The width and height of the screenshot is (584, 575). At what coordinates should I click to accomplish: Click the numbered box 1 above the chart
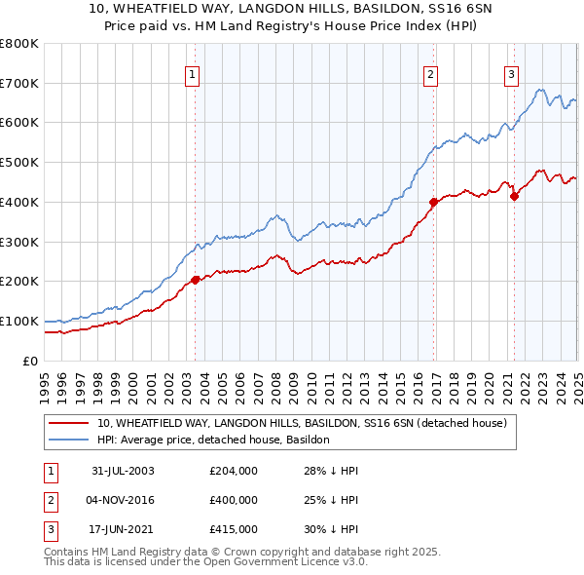[192, 74]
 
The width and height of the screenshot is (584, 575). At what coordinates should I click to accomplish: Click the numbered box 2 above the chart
[430, 74]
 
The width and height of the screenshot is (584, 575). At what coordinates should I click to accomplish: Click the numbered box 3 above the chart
[511, 74]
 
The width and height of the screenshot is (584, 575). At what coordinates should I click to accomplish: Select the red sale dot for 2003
[195, 280]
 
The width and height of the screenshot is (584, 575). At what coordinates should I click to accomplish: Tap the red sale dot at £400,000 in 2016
[433, 202]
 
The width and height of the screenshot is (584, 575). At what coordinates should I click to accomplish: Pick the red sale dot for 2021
[515, 196]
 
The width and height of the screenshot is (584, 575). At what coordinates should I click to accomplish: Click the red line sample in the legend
[70, 424]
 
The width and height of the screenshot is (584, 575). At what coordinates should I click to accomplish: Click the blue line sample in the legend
[70, 440]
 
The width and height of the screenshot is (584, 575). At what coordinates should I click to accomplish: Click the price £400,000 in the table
[234, 500]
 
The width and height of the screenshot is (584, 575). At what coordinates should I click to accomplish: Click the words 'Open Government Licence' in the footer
[287, 562]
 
